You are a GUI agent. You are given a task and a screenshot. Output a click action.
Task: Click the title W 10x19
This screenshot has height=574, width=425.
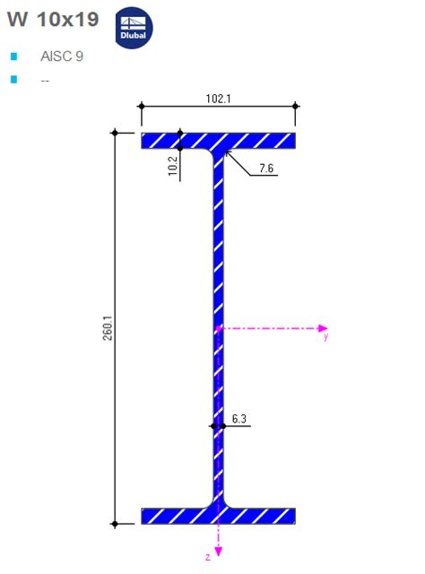coord(53,20)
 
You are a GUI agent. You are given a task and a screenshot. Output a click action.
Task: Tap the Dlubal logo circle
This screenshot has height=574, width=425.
coord(134,30)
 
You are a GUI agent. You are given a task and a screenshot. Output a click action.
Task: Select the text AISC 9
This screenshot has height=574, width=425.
coord(62,56)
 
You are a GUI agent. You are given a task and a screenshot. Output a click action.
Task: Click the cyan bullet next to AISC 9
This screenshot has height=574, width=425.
coord(14,57)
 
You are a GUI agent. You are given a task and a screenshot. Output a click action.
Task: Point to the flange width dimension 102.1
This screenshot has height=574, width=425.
coord(218,99)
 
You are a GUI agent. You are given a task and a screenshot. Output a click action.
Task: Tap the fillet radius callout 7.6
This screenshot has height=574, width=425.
coord(267,168)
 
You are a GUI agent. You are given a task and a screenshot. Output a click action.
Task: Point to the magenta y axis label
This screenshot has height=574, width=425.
coord(325,338)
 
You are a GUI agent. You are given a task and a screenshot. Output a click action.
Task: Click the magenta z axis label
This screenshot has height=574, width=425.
coord(208,557)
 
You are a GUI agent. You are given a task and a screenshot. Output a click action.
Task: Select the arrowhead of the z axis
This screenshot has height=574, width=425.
coord(218,549)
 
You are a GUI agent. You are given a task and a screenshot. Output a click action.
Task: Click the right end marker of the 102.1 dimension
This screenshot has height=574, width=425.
coord(296,107)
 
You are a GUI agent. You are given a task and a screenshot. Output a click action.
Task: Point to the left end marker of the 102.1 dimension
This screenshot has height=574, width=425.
coord(141,107)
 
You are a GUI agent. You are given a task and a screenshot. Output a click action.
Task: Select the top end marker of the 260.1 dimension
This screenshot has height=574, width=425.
coord(115,133)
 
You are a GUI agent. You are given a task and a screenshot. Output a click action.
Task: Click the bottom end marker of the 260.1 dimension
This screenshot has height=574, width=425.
coord(115,523)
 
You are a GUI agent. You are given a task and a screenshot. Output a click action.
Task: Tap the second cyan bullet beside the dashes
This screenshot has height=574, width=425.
coord(14,80)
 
